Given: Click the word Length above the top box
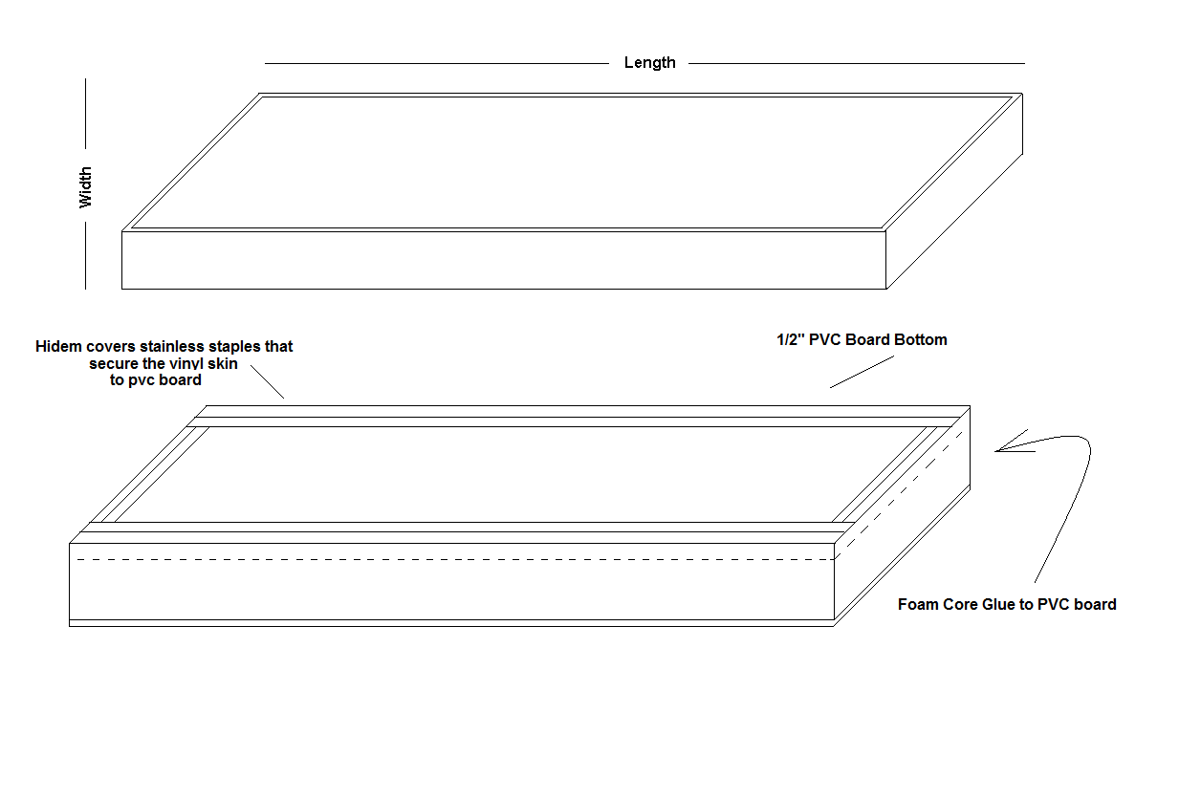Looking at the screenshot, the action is (649, 62).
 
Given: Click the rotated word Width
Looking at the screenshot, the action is (85, 187).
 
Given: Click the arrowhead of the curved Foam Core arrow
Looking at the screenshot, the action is (996, 451).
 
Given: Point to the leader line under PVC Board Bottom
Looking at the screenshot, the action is (862, 372).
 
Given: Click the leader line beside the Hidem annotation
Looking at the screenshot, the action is (267, 381).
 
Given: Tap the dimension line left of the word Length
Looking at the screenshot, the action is (436, 64).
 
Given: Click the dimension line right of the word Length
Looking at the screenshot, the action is (857, 64).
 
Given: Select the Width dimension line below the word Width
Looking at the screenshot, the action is (85, 255).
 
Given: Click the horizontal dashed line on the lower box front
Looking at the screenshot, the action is (455, 560).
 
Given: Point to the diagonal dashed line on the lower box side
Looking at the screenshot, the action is (899, 495).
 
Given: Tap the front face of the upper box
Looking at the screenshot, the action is (504, 260).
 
